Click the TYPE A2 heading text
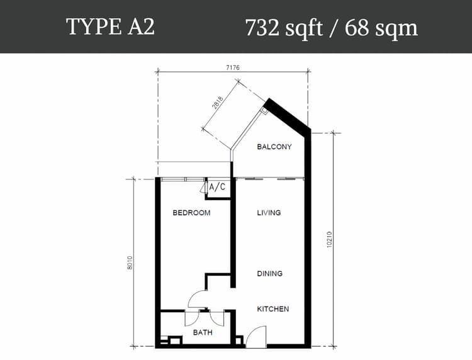tap(110, 27)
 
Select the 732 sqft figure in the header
tap(284, 28)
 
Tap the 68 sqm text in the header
tap(381, 28)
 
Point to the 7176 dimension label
tap(233, 68)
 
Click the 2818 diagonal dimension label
tap(218, 104)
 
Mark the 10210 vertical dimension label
tap(329, 240)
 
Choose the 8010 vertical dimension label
tap(130, 262)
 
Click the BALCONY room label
tap(274, 147)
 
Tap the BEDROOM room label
tap(191, 213)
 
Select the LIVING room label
tap(269, 213)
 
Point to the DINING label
tap(270, 274)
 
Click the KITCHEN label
tap(273, 309)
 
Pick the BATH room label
tap(203, 332)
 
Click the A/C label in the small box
tap(217, 187)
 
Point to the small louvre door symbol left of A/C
tap(203, 187)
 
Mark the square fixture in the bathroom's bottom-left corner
tap(176, 340)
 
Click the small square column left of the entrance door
tap(239, 340)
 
